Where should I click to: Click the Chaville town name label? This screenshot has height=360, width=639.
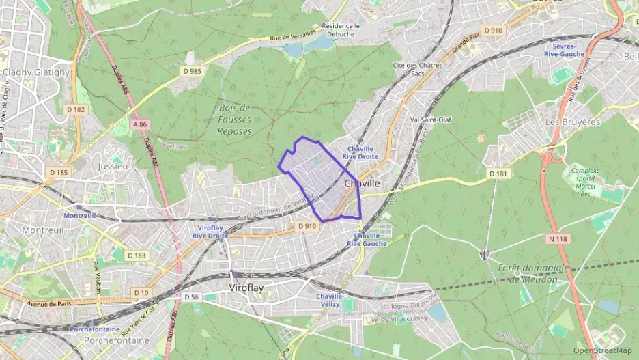coord(362,184)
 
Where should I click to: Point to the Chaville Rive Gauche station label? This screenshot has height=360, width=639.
coord(367,239)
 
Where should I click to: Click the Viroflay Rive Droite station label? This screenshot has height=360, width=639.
coord(210,231)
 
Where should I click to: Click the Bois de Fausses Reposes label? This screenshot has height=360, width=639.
coord(235,120)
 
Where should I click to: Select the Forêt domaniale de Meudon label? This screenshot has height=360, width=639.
coord(533,273)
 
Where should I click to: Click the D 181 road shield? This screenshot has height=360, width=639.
coord(499,174)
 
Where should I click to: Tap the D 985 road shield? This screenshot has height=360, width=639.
coord(193,70)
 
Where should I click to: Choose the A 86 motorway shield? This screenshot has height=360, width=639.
coord(141,124)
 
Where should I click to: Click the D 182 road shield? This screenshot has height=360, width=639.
coord(76,109)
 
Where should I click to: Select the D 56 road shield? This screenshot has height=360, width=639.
coord(192,297)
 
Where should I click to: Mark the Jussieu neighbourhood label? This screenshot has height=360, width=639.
coord(113,166)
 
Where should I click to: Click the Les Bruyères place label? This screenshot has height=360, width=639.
coord(572,122)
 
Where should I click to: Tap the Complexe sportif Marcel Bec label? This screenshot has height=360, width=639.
coord(584,182)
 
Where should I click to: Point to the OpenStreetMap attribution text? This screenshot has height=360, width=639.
coord(602,350)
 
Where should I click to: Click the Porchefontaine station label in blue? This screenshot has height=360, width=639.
coord(95,329)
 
